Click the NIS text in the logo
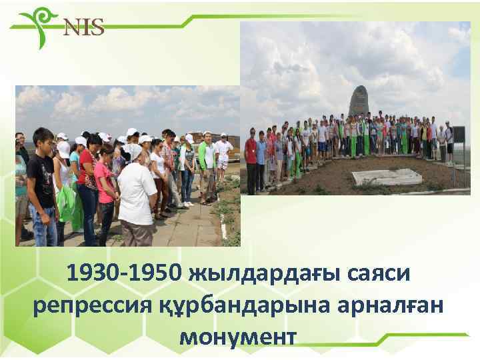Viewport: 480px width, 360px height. tap(83, 27)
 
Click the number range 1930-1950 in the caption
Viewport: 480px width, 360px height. tap(123, 274)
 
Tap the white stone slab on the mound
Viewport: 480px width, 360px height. tap(387, 176)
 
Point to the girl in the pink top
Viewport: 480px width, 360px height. tap(105, 193)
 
